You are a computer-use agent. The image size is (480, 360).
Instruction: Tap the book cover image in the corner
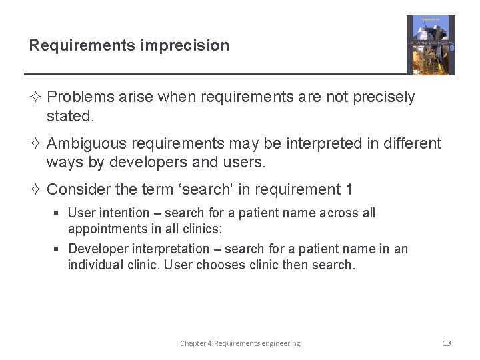point(431,45)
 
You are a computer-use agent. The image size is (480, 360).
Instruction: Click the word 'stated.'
point(70,116)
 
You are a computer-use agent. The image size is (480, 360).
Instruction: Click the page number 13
point(447,343)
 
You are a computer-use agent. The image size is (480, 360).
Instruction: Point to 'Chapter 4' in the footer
point(195,343)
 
